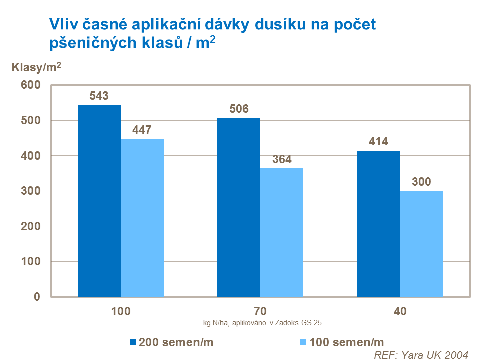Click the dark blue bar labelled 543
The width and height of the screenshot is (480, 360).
coord(99,201)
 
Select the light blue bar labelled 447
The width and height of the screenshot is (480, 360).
coord(142,218)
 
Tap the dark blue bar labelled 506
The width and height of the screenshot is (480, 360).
coord(239,207)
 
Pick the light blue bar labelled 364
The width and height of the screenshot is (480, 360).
coord(282,232)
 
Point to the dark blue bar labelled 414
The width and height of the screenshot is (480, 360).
coord(379,224)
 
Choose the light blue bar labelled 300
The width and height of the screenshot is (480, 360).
coord(422,244)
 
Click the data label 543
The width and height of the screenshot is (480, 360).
coord(99,96)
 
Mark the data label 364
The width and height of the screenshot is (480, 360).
coord(282,160)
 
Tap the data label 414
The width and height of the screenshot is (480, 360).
coord(379,142)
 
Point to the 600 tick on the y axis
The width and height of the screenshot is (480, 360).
coord(30,85)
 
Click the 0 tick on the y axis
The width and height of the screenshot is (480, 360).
coord(36,297)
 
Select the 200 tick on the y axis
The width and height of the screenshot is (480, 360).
coord(30,226)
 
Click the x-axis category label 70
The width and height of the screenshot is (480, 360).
coord(260,311)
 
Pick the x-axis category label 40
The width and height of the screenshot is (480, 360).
coord(400,311)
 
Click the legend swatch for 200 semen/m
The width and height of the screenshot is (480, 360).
coord(133,342)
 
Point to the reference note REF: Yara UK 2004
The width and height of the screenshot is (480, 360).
coord(421,354)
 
